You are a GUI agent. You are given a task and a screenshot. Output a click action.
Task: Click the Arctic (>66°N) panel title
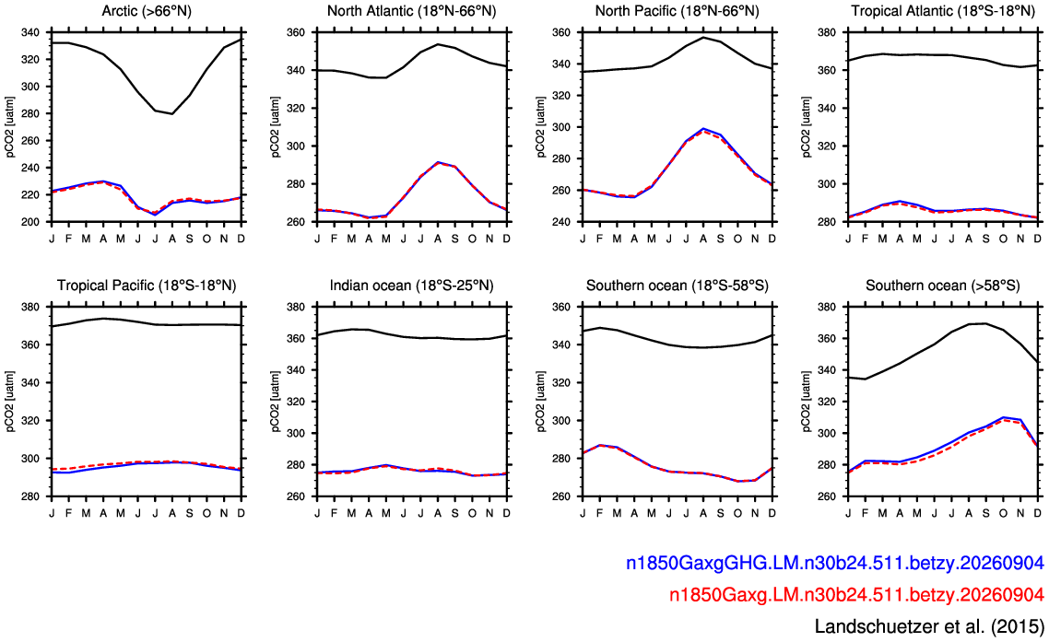(x=147, y=11)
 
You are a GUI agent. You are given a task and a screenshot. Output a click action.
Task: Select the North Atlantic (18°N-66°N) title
(x=411, y=11)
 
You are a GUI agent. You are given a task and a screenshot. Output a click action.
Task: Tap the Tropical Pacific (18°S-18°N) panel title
(x=147, y=286)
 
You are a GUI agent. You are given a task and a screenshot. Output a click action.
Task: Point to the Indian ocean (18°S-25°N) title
(x=411, y=286)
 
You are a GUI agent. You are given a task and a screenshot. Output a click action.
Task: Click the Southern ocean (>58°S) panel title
(x=943, y=286)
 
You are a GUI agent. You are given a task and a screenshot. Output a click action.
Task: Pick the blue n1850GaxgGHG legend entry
(x=835, y=564)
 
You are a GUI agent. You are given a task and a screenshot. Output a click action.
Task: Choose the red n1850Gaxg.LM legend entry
(x=856, y=594)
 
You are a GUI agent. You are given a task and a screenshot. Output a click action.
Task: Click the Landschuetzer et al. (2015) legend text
(x=929, y=626)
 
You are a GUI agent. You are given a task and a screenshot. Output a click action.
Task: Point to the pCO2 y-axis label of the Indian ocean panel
(x=276, y=402)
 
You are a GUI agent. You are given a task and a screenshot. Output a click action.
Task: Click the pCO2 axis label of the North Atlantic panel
(x=276, y=127)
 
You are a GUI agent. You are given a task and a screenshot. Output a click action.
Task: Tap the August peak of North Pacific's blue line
(x=703, y=128)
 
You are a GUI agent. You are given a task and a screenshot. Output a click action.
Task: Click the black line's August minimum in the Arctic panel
(x=172, y=113)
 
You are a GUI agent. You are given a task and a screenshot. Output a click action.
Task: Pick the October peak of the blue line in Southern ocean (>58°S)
(x=1003, y=417)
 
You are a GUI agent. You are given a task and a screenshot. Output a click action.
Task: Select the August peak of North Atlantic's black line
(x=438, y=44)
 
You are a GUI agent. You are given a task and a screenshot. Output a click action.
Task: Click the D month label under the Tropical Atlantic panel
(x=1038, y=238)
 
